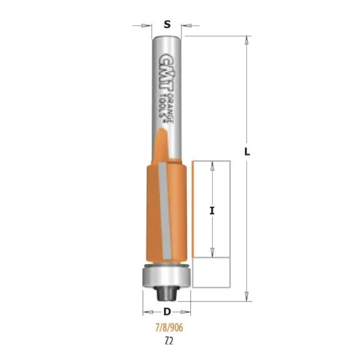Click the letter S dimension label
coord(167,24)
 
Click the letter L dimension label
coord(247,152)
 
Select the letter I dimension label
coord(212,211)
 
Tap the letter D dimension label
coord(167,311)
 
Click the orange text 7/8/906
coord(170,328)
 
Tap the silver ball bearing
coord(166,276)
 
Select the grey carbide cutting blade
coord(165,210)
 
